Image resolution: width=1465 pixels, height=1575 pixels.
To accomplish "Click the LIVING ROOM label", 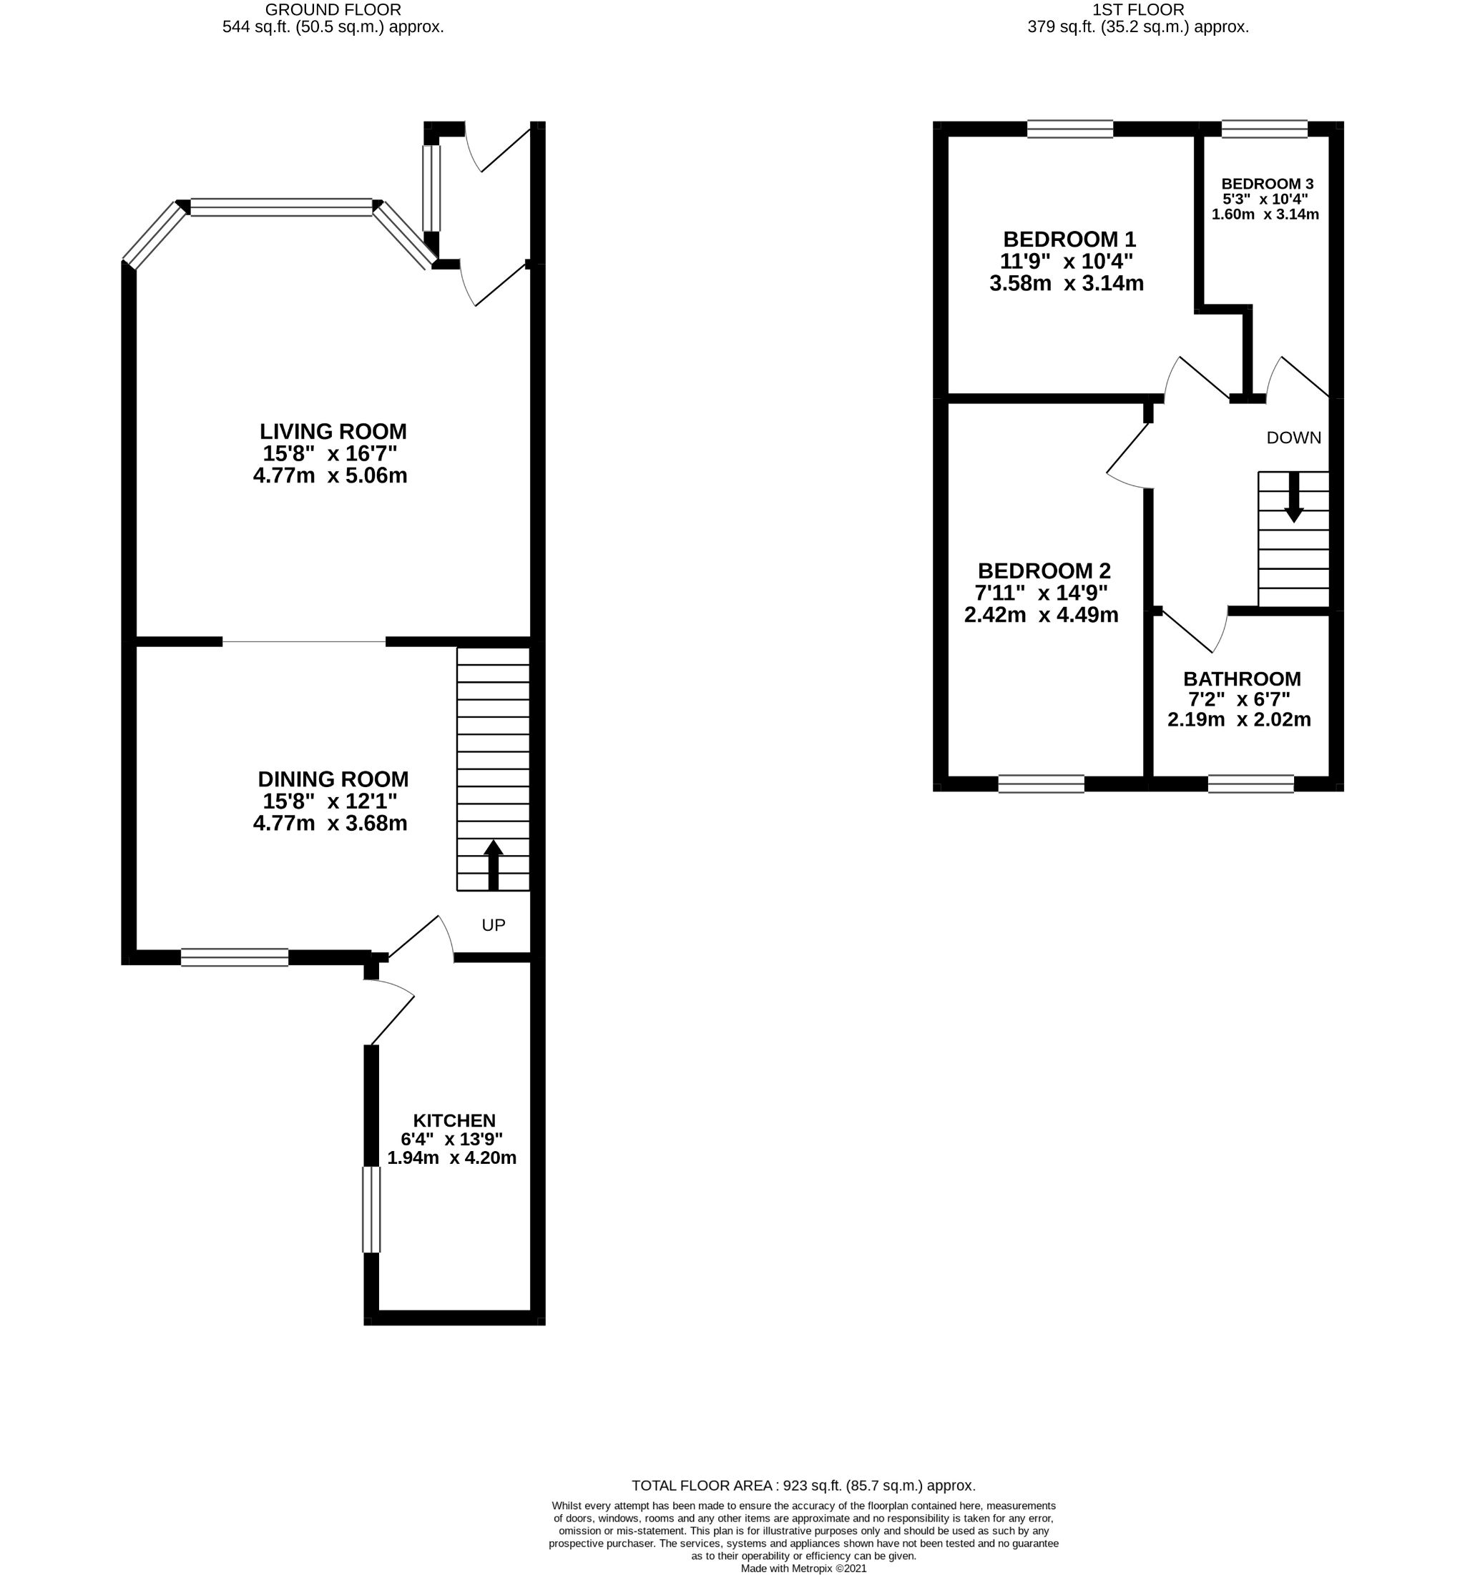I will click(333, 432).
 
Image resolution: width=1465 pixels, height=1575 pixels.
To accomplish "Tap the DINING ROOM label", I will click(333, 779).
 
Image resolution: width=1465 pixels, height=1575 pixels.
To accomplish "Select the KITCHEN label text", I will click(454, 1120).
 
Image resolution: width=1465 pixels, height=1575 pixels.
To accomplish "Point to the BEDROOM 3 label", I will click(1267, 184).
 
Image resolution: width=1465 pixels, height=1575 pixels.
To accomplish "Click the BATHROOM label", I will click(1241, 679).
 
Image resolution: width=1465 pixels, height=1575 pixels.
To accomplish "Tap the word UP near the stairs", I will click(493, 924).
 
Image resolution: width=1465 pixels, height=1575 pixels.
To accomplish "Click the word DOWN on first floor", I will click(1293, 438).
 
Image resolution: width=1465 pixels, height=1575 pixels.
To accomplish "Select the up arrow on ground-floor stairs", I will click(493, 864).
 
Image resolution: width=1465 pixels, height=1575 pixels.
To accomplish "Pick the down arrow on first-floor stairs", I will click(1293, 498).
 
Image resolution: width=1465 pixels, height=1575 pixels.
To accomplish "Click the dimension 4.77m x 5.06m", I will click(330, 476).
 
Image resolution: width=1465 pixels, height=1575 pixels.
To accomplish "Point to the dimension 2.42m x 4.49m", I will click(1041, 615).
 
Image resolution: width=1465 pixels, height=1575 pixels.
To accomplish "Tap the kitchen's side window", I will click(371, 1209).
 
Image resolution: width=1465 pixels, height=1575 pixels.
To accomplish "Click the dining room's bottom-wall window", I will click(235, 957).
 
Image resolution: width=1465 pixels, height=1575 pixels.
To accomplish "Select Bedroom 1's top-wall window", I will click(1069, 129).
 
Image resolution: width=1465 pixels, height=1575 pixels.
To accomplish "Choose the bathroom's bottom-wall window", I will click(1250, 784).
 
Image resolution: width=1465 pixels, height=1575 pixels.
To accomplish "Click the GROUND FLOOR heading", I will click(333, 10).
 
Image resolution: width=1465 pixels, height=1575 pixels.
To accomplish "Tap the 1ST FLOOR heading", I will click(1137, 10).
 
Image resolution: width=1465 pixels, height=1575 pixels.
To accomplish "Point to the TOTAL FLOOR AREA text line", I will click(803, 1486).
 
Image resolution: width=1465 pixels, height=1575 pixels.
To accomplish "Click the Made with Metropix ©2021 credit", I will click(803, 1568).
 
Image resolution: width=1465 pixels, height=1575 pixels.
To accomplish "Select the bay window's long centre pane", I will click(281, 207).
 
